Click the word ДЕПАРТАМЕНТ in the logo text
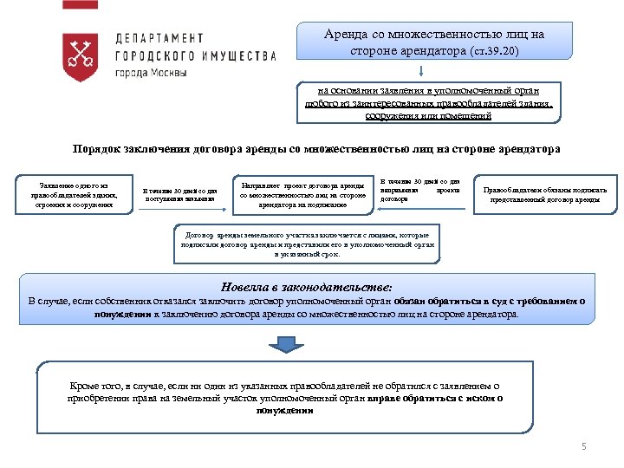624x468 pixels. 160,39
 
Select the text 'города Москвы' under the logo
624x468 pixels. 151,72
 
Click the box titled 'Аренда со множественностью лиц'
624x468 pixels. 433,42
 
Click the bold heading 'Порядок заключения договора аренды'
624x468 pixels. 316,149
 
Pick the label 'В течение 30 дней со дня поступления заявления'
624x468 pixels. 179,196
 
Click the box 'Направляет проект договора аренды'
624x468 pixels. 302,196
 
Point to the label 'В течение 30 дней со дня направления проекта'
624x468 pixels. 420,189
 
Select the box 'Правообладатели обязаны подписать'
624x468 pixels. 545,194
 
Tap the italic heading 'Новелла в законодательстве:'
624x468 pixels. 307,285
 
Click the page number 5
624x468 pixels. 583,447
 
